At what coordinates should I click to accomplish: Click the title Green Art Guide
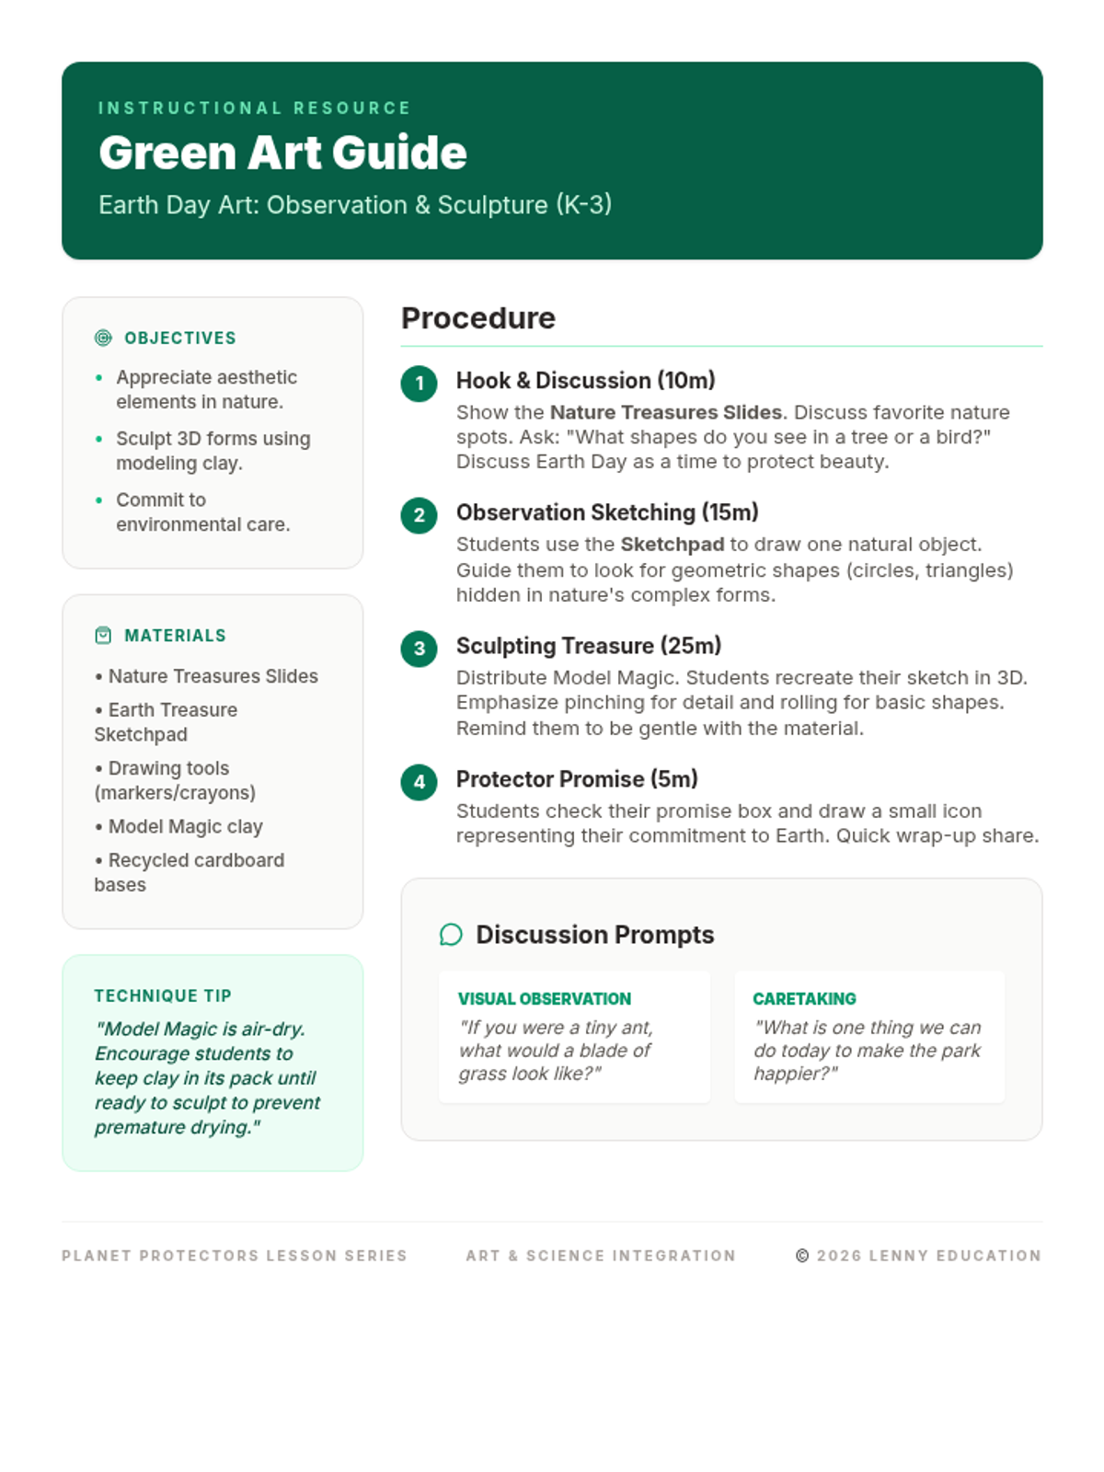point(282,153)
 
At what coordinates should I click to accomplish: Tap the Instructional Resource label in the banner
point(254,109)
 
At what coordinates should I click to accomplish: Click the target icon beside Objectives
point(103,339)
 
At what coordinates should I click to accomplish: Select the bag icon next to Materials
point(103,636)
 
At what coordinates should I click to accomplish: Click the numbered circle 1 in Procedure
point(419,383)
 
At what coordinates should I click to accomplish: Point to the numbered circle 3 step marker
point(419,649)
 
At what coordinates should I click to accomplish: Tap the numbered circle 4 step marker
point(419,782)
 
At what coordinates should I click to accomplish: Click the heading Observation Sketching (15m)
point(606,512)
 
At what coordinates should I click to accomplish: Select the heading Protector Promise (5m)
point(577,779)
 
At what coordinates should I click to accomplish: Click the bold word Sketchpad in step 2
point(672,545)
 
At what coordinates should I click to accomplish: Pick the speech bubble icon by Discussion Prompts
point(451,935)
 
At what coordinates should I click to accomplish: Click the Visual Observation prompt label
point(545,999)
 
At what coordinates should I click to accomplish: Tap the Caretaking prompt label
point(804,999)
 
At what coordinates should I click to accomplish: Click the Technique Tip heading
point(163,996)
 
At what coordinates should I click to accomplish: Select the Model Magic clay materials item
point(185,827)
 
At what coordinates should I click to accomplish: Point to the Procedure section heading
point(478,318)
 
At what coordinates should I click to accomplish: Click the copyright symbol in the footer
point(802,1256)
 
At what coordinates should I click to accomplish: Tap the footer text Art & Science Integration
point(601,1256)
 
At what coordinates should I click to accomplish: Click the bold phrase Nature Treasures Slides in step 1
point(665,412)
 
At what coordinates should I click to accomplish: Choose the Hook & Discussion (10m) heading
point(585,381)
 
